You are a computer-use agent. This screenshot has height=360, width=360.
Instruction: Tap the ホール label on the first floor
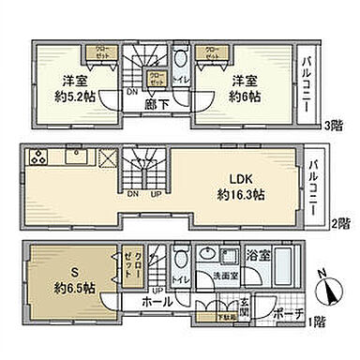(x=157, y=304)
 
